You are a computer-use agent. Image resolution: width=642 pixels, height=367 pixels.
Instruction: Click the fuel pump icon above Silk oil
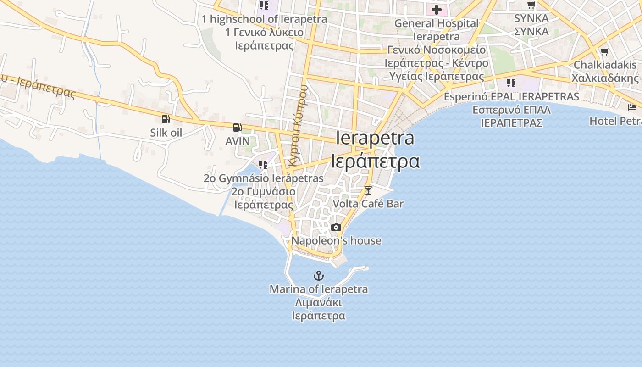[x=166, y=119]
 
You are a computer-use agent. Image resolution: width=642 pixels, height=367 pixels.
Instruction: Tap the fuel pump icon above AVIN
[x=237, y=128]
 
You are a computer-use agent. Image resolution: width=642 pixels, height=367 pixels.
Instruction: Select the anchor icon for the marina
[x=318, y=276]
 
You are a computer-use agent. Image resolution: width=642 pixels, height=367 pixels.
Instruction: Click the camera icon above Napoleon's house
[x=336, y=227]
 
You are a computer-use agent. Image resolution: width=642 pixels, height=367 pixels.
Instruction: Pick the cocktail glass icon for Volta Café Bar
[x=368, y=190]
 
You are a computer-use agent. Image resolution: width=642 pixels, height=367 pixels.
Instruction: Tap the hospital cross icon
[x=436, y=9]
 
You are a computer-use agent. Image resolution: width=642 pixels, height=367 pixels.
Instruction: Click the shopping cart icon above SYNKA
[x=531, y=5]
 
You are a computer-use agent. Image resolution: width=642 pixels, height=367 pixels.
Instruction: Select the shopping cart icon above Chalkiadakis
[x=604, y=51]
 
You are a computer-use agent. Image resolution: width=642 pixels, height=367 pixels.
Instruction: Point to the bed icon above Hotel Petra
[x=632, y=107]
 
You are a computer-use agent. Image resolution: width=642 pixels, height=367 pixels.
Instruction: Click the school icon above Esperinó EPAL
[x=511, y=83]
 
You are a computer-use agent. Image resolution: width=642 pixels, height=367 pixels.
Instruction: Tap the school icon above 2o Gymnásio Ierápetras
[x=263, y=164]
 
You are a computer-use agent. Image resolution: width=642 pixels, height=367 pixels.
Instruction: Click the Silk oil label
[x=166, y=133]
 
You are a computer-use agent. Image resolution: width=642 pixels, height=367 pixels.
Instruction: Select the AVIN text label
[x=238, y=141]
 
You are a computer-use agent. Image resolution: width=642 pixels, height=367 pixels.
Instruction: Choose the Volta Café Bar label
[x=368, y=204]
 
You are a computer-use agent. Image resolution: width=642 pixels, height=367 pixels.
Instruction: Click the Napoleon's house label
[x=336, y=241]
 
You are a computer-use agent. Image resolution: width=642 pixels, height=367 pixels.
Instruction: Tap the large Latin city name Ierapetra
[x=375, y=138]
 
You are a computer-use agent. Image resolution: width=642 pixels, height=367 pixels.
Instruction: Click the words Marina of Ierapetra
[x=318, y=289]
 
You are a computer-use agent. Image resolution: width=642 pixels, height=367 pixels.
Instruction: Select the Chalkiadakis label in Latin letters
[x=605, y=65]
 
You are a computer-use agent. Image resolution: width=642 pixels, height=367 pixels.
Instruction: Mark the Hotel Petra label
[x=615, y=121]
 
